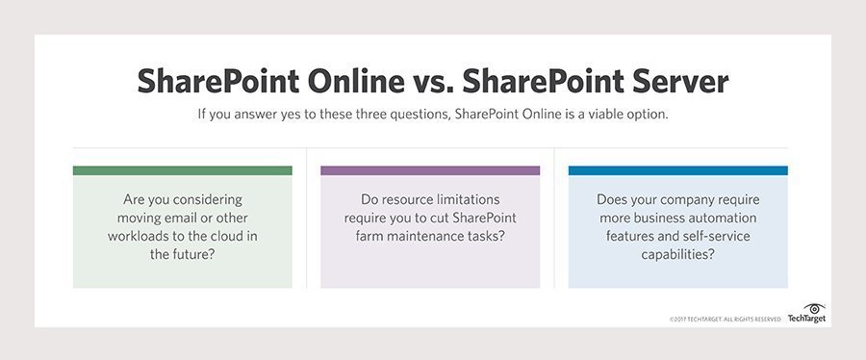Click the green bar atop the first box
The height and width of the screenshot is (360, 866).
coord(182,170)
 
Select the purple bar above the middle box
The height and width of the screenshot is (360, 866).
coord(430,170)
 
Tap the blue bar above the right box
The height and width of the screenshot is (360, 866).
coord(677,170)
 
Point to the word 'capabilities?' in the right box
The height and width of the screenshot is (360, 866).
coord(677,254)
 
